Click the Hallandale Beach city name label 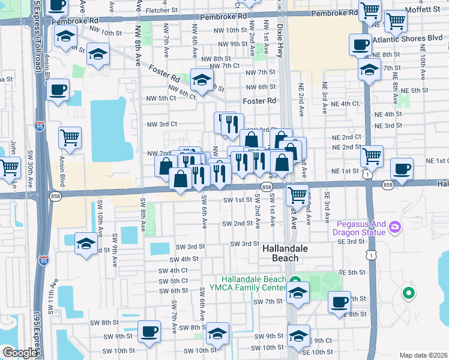280,253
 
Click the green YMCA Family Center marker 294,280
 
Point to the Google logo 19,353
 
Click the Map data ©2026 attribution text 423,355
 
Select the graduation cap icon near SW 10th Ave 85,244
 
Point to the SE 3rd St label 352,241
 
